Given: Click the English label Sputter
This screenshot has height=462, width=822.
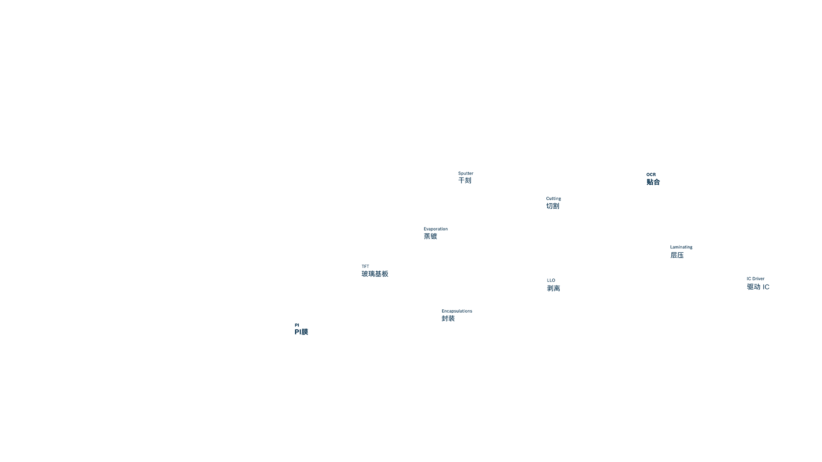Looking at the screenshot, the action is (466, 173).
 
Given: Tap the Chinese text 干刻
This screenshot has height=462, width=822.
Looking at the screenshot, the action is (465, 181).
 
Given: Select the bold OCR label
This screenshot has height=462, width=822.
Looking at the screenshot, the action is (651, 175).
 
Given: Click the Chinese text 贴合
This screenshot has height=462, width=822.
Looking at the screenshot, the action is (653, 182).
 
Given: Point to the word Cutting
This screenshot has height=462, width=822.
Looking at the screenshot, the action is (554, 198).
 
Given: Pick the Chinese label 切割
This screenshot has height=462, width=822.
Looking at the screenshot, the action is (553, 206).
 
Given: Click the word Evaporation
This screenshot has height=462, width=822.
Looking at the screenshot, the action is (436, 229).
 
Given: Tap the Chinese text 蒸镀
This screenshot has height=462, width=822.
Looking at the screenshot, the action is (431, 237).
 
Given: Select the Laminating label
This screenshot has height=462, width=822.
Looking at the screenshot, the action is (681, 247).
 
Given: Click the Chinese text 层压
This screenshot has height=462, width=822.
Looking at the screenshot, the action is (677, 255).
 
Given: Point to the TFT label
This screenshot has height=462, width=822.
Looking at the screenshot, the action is (365, 266).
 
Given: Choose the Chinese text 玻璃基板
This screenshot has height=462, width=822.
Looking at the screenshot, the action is (375, 274).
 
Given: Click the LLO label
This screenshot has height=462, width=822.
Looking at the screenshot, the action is (551, 280).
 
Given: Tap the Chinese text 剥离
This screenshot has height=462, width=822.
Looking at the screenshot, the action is (554, 288).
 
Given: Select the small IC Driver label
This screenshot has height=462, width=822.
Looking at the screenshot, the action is (756, 278).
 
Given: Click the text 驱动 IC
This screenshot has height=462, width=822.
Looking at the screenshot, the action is (758, 287).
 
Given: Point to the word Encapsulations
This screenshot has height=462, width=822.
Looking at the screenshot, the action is (457, 311).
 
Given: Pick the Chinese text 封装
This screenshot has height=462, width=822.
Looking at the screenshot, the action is (448, 319).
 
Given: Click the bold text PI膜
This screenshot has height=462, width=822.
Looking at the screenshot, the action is (301, 332).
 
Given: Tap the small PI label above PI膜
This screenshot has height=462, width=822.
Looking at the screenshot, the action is (297, 325).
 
